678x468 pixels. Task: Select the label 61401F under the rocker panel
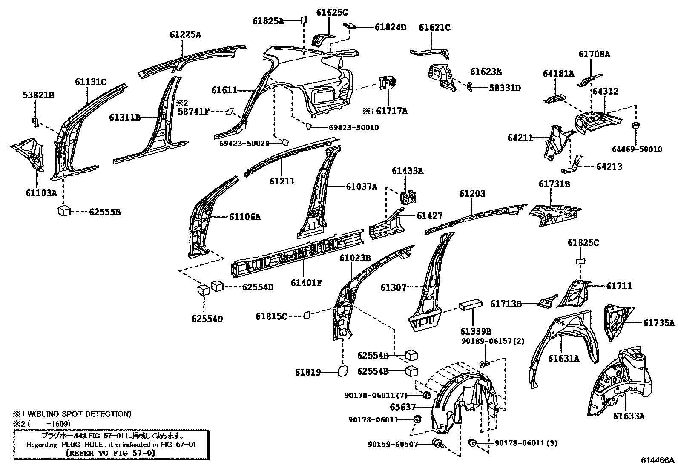coord(307,282)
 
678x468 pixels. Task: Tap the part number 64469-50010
coord(637,149)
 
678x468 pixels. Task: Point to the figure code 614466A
coord(658,460)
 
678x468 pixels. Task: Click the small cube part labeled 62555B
coord(64,210)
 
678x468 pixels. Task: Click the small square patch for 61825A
coord(304,20)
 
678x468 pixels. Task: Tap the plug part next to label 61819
coord(342,371)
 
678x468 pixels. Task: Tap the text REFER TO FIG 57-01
coord(111,453)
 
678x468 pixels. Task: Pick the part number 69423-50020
coord(244,144)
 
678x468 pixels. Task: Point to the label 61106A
coord(244,217)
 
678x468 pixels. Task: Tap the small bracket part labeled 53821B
coord(35,122)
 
